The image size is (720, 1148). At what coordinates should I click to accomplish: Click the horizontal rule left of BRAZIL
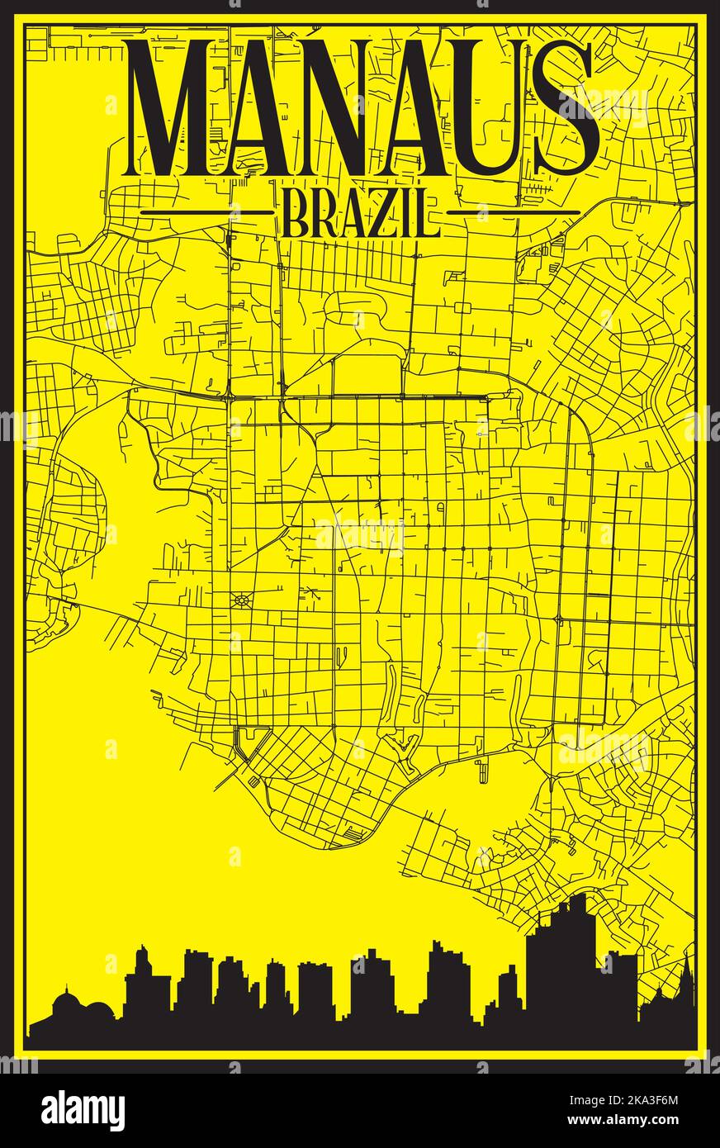[x=206, y=212]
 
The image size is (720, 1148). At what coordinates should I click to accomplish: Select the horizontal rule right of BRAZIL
[x=514, y=212]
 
